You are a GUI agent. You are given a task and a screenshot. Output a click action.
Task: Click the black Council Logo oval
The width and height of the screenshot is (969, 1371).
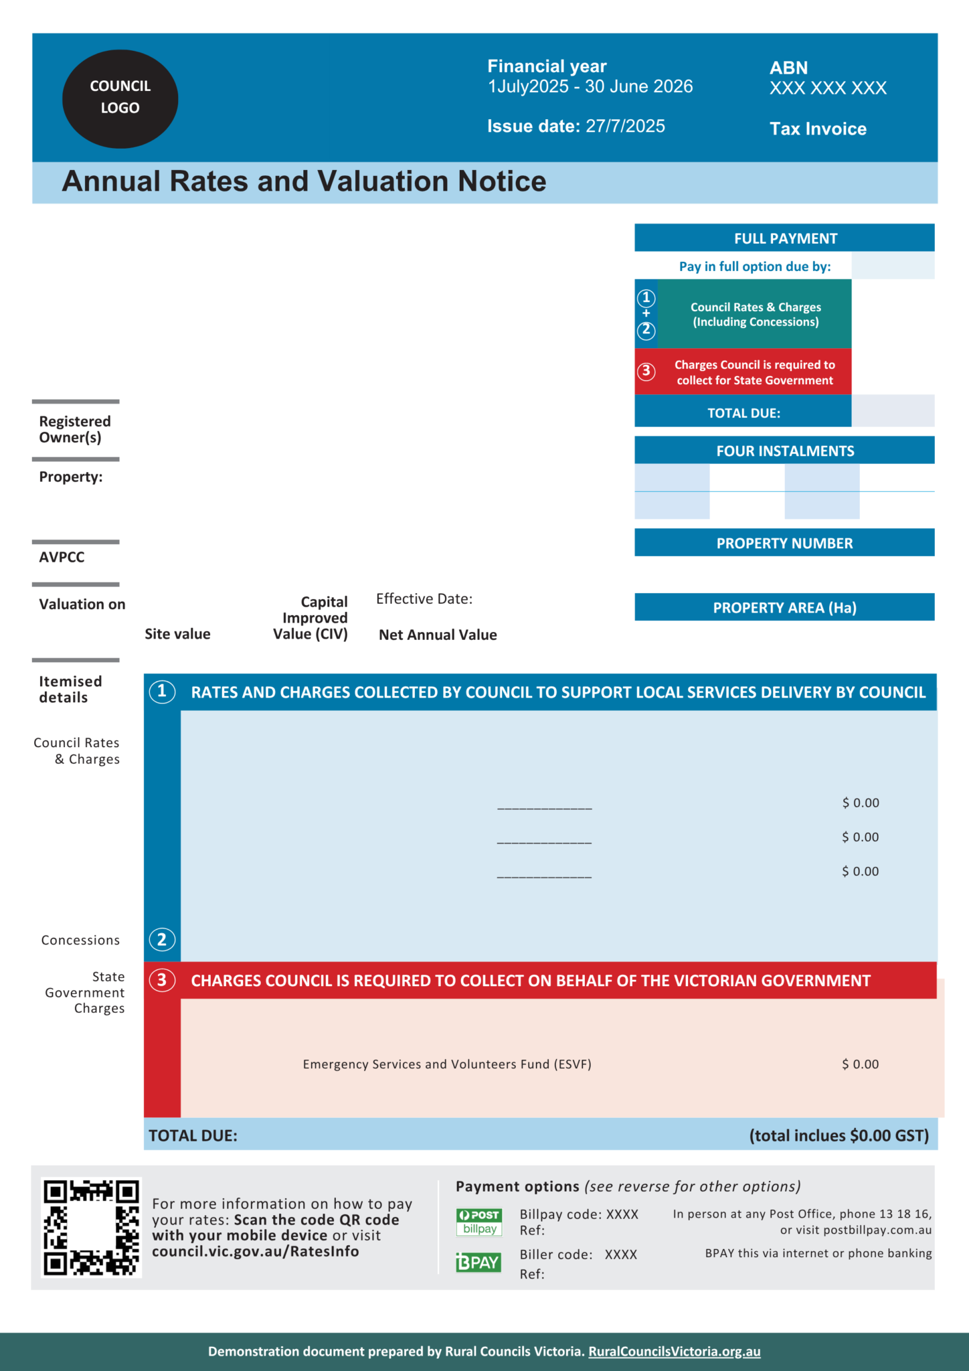pyautogui.click(x=120, y=98)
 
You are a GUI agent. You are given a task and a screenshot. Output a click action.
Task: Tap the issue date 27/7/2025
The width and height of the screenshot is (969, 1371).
pyautogui.click(x=625, y=127)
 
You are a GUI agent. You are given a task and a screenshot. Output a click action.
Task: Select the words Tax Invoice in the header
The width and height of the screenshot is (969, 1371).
pyautogui.click(x=818, y=129)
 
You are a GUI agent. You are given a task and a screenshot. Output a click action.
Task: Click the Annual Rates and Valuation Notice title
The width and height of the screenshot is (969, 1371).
pyautogui.click(x=304, y=181)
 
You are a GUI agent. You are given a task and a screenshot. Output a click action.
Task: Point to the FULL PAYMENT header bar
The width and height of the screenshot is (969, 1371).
pyautogui.click(x=784, y=238)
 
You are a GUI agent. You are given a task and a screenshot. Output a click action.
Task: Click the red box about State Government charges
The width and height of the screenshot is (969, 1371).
pyautogui.click(x=743, y=372)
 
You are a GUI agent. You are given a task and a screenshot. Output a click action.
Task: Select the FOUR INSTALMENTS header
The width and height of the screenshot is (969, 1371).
pyautogui.click(x=784, y=451)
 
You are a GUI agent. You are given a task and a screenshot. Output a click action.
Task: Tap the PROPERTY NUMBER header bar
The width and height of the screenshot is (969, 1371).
pyautogui.click(x=784, y=543)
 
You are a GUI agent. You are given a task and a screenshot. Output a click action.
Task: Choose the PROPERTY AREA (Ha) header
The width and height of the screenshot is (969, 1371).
pyautogui.click(x=784, y=608)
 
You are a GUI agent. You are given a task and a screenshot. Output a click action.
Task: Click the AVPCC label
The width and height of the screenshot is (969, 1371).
pyautogui.click(x=62, y=557)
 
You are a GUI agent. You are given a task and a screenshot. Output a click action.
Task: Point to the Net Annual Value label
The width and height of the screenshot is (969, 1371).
pyautogui.click(x=438, y=635)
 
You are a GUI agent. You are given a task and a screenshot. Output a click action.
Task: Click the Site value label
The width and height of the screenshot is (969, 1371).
pyautogui.click(x=177, y=634)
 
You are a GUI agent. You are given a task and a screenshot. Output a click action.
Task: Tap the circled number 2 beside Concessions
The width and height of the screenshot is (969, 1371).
pyautogui.click(x=162, y=940)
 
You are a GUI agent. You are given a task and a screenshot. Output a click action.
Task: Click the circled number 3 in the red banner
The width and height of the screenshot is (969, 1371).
pyautogui.click(x=162, y=980)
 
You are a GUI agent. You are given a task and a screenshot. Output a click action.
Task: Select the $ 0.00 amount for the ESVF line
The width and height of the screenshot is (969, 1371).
pyautogui.click(x=860, y=1064)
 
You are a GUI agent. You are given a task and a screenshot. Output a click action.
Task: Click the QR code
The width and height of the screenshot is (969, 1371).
pyautogui.click(x=91, y=1228)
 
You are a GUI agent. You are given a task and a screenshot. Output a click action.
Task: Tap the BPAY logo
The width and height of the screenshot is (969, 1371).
pyautogui.click(x=478, y=1262)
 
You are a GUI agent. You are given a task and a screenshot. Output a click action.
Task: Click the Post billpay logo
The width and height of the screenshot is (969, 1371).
pyautogui.click(x=479, y=1222)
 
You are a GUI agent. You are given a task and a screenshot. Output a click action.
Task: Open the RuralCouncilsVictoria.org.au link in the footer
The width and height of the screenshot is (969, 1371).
pyautogui.click(x=674, y=1351)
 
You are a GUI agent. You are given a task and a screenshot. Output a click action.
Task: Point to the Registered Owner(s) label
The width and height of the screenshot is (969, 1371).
pyautogui.click(x=74, y=429)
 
